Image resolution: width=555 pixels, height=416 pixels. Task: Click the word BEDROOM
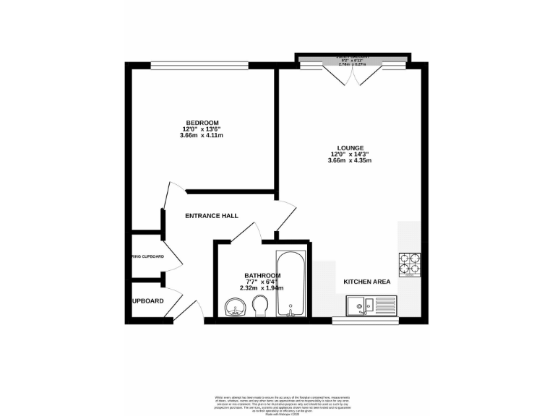pyautogui.click(x=202, y=123)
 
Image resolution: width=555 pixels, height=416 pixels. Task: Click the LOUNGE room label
pyautogui.click(x=349, y=147)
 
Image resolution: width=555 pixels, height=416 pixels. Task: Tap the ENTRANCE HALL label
pyautogui.click(x=212, y=216)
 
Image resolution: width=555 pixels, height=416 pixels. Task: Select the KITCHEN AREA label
pyautogui.click(x=367, y=282)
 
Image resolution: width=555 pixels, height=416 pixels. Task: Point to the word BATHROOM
pyautogui.click(x=262, y=275)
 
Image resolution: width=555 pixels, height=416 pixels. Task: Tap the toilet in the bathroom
pyautogui.click(x=262, y=308)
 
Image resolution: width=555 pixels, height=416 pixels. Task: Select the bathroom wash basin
pyautogui.click(x=235, y=308)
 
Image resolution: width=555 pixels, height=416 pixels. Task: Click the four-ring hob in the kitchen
pyautogui.click(x=410, y=264)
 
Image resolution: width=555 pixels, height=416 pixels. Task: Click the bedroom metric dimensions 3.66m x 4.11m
pyautogui.click(x=202, y=135)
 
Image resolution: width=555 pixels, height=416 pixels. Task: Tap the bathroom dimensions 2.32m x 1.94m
pyautogui.click(x=262, y=287)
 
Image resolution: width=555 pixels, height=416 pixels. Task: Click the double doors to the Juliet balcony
pyautogui.click(x=353, y=72)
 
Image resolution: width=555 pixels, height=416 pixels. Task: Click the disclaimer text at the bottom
pyautogui.click(x=277, y=403)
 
